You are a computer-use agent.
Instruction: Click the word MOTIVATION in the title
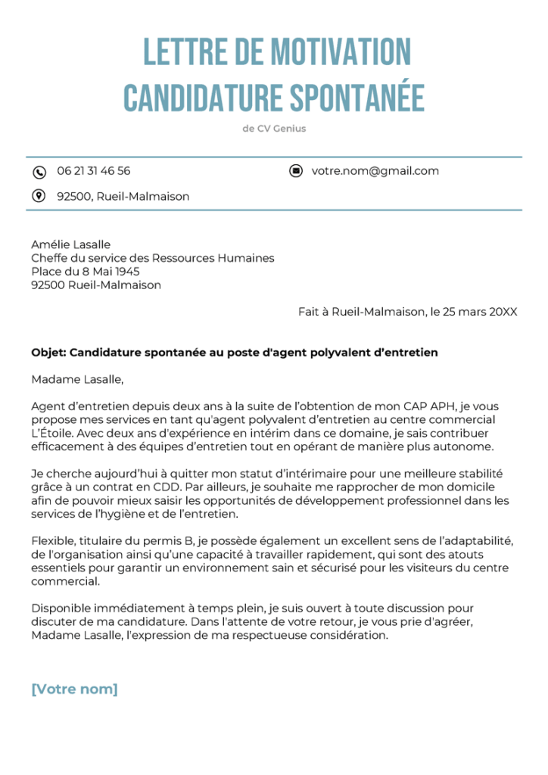click(340, 53)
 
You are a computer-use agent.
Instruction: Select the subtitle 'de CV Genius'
click(274, 129)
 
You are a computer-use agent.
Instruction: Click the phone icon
click(39, 172)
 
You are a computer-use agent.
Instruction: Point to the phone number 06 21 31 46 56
click(93, 171)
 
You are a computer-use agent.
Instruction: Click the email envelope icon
click(296, 171)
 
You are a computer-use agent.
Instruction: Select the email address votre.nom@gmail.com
click(375, 171)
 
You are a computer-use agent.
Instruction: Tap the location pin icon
click(39, 196)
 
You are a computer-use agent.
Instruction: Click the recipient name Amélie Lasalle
click(70, 244)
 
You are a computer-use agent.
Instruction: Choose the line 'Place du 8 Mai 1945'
click(85, 272)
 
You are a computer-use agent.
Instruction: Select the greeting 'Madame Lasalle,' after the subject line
click(76, 379)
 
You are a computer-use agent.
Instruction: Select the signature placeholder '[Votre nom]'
click(74, 689)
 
